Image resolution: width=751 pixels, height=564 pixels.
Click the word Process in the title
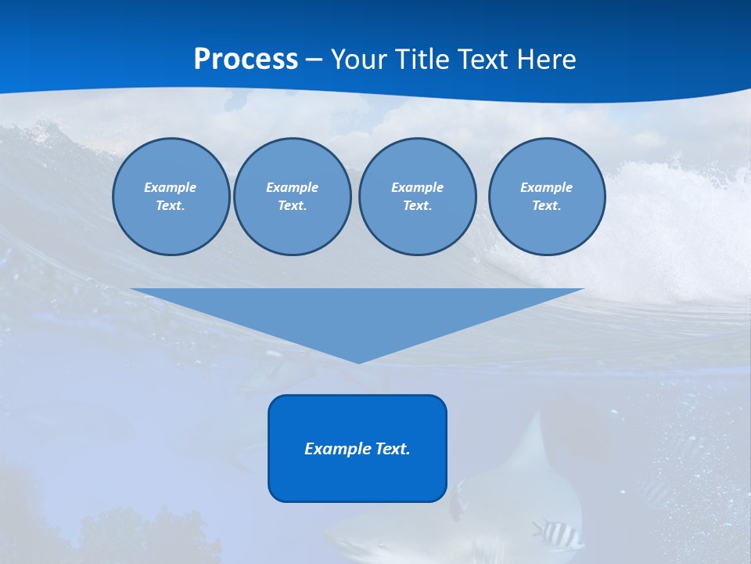246,60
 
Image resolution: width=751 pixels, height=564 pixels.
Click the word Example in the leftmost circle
171,187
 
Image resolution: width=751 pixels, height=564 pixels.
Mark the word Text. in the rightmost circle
546,205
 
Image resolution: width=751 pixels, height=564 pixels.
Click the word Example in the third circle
417,187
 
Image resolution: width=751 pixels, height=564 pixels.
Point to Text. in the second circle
292,205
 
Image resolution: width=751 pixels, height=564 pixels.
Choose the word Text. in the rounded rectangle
393,449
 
